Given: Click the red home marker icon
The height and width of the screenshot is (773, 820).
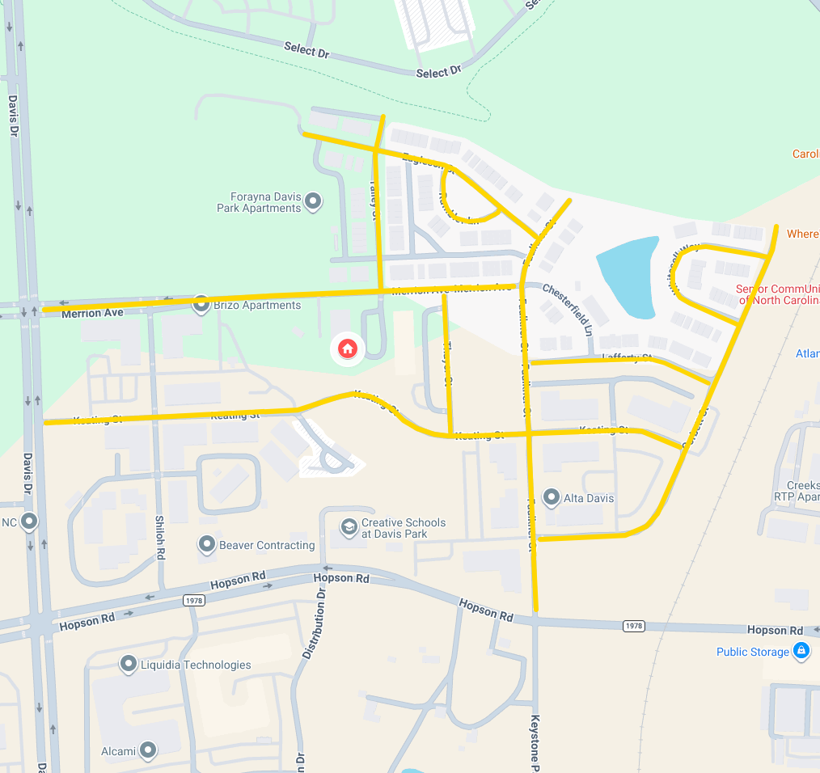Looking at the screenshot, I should pos(347,348).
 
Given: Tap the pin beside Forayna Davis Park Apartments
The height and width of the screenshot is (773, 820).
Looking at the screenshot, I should pos(313,201).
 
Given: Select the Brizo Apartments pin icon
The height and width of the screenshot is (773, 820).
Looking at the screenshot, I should pos(201,304).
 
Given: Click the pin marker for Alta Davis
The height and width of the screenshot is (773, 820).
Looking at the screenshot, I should pos(552,497).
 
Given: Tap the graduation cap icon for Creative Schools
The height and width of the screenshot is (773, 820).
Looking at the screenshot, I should pos(349,527).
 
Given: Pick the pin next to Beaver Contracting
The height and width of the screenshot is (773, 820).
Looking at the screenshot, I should pos(207,544).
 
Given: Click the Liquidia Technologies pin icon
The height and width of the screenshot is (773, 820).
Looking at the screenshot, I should pos(128,665).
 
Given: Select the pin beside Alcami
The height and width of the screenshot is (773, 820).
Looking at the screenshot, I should pos(147,750).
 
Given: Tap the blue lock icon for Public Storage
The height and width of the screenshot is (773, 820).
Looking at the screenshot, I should pos(801,651).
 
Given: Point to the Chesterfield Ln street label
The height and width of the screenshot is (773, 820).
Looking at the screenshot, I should pos(568,300).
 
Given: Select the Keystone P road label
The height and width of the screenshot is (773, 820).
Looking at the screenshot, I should pos(535,740).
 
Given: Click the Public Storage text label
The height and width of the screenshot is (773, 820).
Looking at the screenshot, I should pos(752,652).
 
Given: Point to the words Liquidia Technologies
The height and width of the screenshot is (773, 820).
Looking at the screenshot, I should pos(196,665).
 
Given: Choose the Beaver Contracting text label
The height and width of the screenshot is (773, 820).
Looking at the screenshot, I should pos(267,545).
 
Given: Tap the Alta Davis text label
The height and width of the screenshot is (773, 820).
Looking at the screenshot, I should pos(590,498).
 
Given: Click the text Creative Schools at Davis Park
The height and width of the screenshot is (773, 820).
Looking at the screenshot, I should pos(404,528).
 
